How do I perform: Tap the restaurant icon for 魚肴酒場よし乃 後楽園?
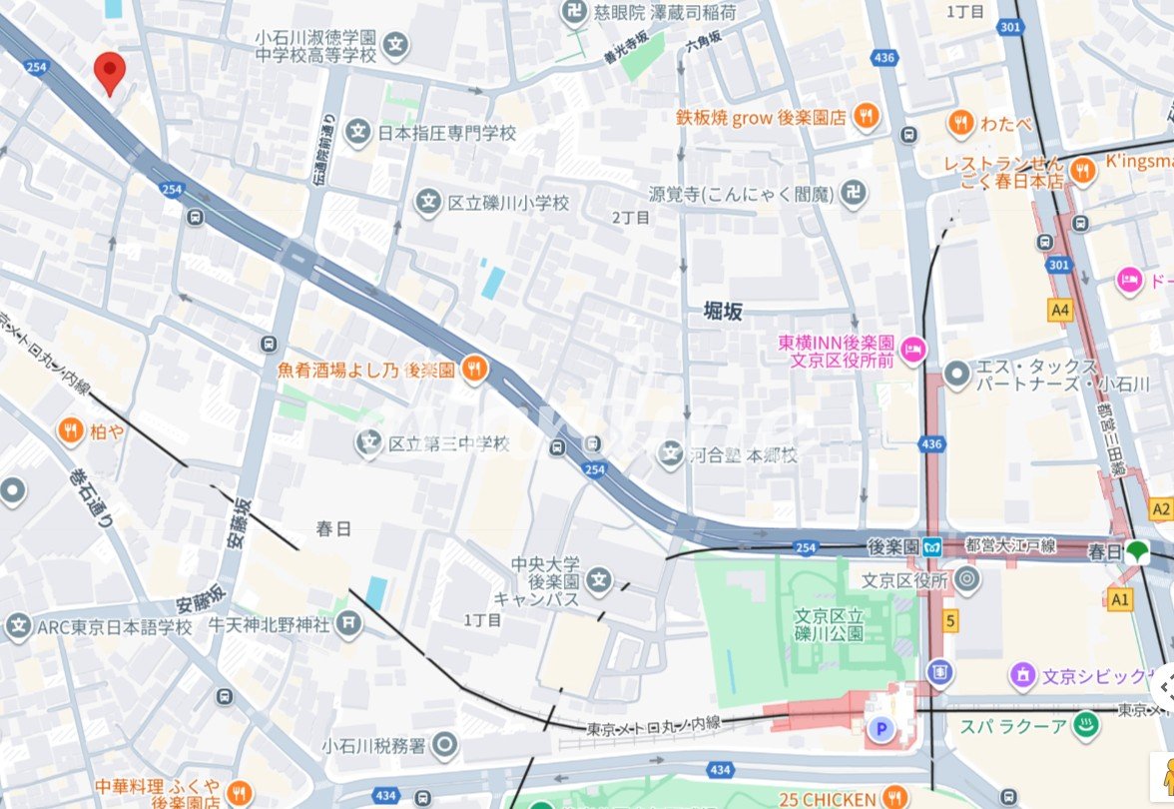pyautogui.click(x=474, y=371)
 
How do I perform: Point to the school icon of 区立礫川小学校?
pyautogui.click(x=428, y=203)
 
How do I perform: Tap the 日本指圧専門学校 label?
pyautogui.click(x=446, y=132)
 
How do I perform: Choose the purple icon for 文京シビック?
pyautogui.click(x=1023, y=676)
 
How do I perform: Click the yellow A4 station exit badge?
pyautogui.click(x=1060, y=311)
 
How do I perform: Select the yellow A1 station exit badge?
pyautogui.click(x=1120, y=598)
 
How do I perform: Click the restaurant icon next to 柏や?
pyautogui.click(x=70, y=431)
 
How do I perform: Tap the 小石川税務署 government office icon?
pyautogui.click(x=445, y=745)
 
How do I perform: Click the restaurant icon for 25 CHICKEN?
pyautogui.click(x=895, y=798)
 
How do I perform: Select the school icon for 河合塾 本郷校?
pyautogui.click(x=671, y=455)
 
